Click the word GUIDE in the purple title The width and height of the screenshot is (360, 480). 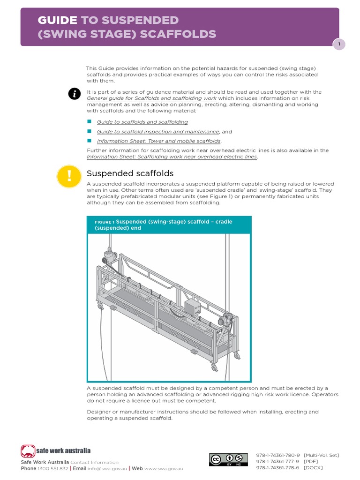click(57, 20)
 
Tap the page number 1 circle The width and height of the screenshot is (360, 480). click(339, 44)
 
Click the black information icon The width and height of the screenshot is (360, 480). click(74, 94)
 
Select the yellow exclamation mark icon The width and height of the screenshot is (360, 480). click(69, 176)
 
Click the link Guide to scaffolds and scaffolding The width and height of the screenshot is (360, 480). click(142, 122)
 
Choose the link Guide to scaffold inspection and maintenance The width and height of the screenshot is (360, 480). click(157, 132)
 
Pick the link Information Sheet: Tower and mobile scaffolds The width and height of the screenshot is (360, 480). click(159, 141)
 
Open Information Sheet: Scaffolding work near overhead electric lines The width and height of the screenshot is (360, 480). click(172, 157)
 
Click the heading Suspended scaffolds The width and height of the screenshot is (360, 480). click(130, 173)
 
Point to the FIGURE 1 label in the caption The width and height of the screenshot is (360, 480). click(105, 222)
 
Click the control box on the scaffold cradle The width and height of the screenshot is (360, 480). click(192, 307)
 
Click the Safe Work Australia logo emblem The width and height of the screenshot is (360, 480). click(28, 451)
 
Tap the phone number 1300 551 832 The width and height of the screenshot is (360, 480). click(53, 468)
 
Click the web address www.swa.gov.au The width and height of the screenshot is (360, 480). click(164, 468)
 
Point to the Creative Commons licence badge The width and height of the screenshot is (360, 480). click(228, 459)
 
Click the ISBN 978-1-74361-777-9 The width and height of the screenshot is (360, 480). click(277, 462)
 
